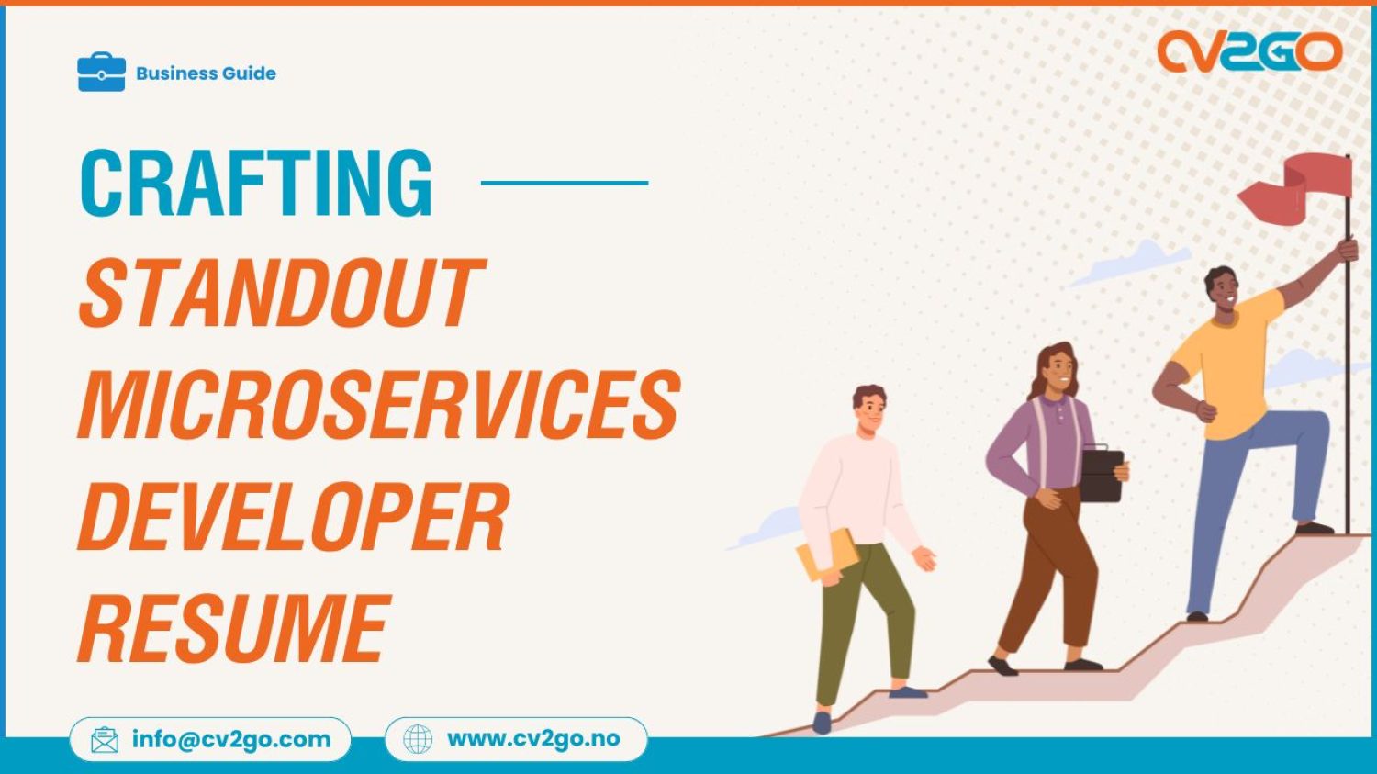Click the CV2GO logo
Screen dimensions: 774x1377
pos(1248,52)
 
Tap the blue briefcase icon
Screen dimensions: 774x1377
pos(101,73)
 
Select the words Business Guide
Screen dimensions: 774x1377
pos(206,73)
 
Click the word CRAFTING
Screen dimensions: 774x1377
pos(256,183)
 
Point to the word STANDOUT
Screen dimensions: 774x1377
pos(281,293)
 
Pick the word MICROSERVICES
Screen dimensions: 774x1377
pos(379,404)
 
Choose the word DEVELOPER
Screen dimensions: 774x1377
pos(293,516)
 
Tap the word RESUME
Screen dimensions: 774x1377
pos(235,628)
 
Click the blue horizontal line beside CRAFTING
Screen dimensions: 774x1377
pos(565,183)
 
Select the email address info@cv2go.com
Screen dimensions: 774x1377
pos(231,739)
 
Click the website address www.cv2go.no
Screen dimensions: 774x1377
pos(533,739)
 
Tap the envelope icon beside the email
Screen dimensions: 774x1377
pos(105,740)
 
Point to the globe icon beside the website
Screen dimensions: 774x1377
pos(418,739)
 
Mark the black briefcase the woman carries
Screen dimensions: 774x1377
pos(1102,475)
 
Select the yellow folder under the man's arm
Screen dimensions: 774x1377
pos(826,555)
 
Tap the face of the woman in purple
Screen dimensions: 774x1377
pos(1060,369)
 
